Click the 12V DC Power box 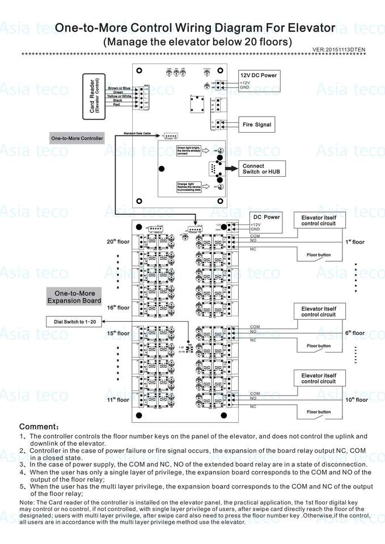coord(258,80)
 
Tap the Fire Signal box coord(257,125)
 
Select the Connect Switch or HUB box coord(261,168)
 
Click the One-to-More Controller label coord(77,138)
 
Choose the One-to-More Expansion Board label coord(74,297)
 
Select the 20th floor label coord(118,242)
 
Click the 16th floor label coord(118,308)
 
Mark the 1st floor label coord(355,242)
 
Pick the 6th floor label coord(355,333)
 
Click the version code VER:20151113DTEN coord(339,50)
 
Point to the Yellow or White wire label coord(120,96)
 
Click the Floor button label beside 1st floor coord(318,255)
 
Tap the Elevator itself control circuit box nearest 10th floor coord(318,378)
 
